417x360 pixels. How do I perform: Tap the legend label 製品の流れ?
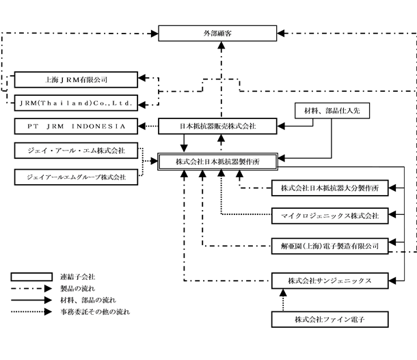[78, 288]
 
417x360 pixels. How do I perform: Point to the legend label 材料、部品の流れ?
[88, 300]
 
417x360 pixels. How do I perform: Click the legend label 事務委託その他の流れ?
[95, 311]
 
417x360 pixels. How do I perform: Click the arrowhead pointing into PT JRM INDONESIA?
[142, 126]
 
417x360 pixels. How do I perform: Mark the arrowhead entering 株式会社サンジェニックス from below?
[283, 293]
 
